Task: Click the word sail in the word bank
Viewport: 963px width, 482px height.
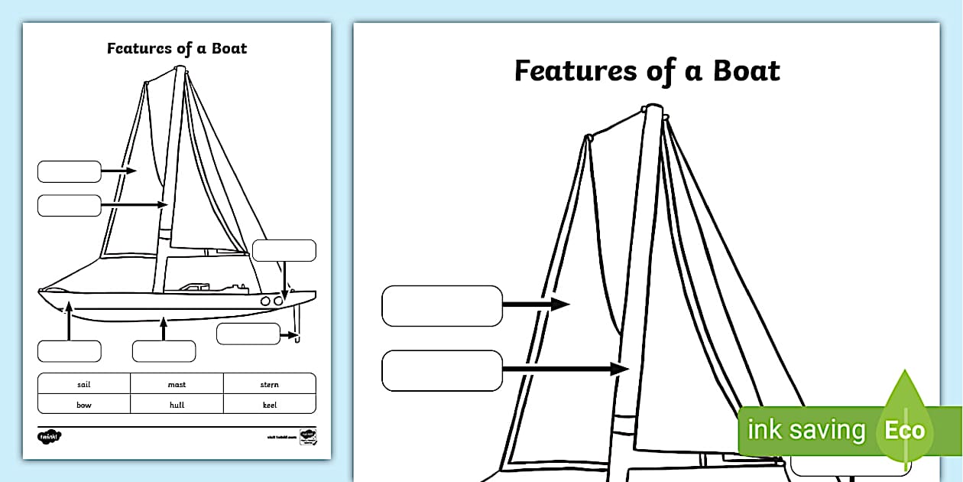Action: pyautogui.click(x=84, y=385)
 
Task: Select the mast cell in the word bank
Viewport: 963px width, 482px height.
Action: pyautogui.click(x=177, y=385)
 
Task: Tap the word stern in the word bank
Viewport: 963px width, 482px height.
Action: pyautogui.click(x=269, y=385)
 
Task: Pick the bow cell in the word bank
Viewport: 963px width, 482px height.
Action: pyautogui.click(x=84, y=405)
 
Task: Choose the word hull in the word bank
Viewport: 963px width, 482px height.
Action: pyautogui.click(x=177, y=405)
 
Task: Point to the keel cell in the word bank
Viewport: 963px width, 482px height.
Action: pyautogui.click(x=269, y=405)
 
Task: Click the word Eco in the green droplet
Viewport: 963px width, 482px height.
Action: pyautogui.click(x=904, y=430)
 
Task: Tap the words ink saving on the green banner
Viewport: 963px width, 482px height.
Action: pyautogui.click(x=806, y=430)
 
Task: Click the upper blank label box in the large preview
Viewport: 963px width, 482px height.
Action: pyautogui.click(x=442, y=305)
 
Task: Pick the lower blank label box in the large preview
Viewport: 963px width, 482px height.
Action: pyautogui.click(x=442, y=370)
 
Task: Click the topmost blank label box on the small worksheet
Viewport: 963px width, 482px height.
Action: pyautogui.click(x=69, y=171)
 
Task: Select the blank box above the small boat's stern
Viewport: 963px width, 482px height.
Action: pyautogui.click(x=284, y=250)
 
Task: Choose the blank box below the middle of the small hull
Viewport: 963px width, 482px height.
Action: pyautogui.click(x=164, y=351)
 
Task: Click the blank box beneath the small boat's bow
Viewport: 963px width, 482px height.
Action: pyautogui.click(x=69, y=351)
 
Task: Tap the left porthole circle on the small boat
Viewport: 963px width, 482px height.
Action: pyautogui.click(x=266, y=301)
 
